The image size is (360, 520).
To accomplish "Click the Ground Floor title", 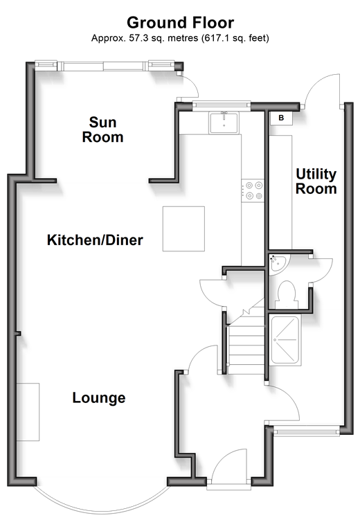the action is pyautogui.click(x=180, y=23).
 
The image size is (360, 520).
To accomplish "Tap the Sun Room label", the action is pyautogui.click(x=102, y=129).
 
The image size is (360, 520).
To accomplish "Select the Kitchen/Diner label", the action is pyautogui.click(x=95, y=240).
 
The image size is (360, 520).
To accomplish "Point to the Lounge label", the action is pyautogui.click(x=99, y=397).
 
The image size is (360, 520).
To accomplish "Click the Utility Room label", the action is pyautogui.click(x=316, y=181).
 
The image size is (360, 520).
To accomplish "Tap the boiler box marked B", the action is pyautogui.click(x=281, y=118).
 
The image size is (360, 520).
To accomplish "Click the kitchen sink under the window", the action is pyautogui.click(x=224, y=123).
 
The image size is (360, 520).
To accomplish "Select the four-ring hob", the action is pyautogui.click(x=253, y=190).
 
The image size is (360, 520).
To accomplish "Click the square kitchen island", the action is pyautogui.click(x=183, y=228).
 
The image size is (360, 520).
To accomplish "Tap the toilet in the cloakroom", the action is pyautogui.click(x=287, y=294).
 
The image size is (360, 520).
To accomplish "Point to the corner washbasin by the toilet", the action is pyautogui.click(x=278, y=264).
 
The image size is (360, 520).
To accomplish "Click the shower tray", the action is pyautogui.click(x=285, y=340).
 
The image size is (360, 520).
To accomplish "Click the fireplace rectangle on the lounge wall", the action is pyautogui.click(x=28, y=412).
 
